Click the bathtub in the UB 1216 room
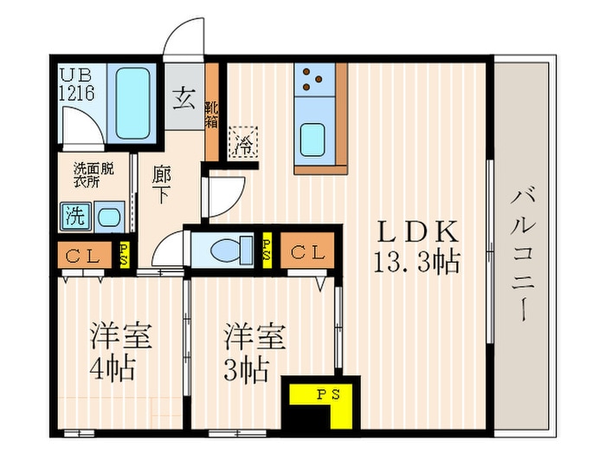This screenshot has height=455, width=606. [x=132, y=104]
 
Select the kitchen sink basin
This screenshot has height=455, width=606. [x=313, y=140]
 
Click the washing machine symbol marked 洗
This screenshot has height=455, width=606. [x=75, y=217]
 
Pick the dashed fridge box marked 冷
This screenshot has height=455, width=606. [x=243, y=142]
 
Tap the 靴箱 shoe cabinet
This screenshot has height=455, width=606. [x=211, y=112]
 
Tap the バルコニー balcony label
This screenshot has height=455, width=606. [x=523, y=255]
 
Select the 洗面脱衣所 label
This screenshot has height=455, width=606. [x=93, y=175]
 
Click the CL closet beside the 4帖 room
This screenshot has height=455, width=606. [x=85, y=255]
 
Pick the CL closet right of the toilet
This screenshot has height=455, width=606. [x=307, y=250]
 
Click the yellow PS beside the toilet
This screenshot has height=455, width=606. [x=267, y=250]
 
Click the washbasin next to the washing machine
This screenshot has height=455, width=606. [x=109, y=217]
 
